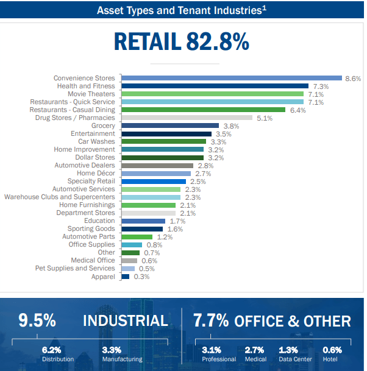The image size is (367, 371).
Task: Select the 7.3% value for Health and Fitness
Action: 321,87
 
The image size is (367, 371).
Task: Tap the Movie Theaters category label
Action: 91,94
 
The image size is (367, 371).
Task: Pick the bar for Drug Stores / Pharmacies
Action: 187,118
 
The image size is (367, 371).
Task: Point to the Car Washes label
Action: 96,141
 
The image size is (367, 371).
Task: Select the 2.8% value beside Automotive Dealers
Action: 205,166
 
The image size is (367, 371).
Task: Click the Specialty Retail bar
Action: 154,182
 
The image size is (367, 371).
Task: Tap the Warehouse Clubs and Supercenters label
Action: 59,197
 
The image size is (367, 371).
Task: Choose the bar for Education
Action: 143,221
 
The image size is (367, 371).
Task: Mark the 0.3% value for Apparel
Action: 141,277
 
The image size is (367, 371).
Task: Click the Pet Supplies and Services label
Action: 75,269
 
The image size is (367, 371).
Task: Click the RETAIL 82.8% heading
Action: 182,41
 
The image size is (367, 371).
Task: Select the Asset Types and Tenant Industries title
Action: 182,10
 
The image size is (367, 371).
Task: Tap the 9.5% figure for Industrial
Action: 37,320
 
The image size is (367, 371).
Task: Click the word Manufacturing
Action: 122,359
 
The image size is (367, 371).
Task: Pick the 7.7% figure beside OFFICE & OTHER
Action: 211,320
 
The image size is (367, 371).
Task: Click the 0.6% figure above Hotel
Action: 332,350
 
